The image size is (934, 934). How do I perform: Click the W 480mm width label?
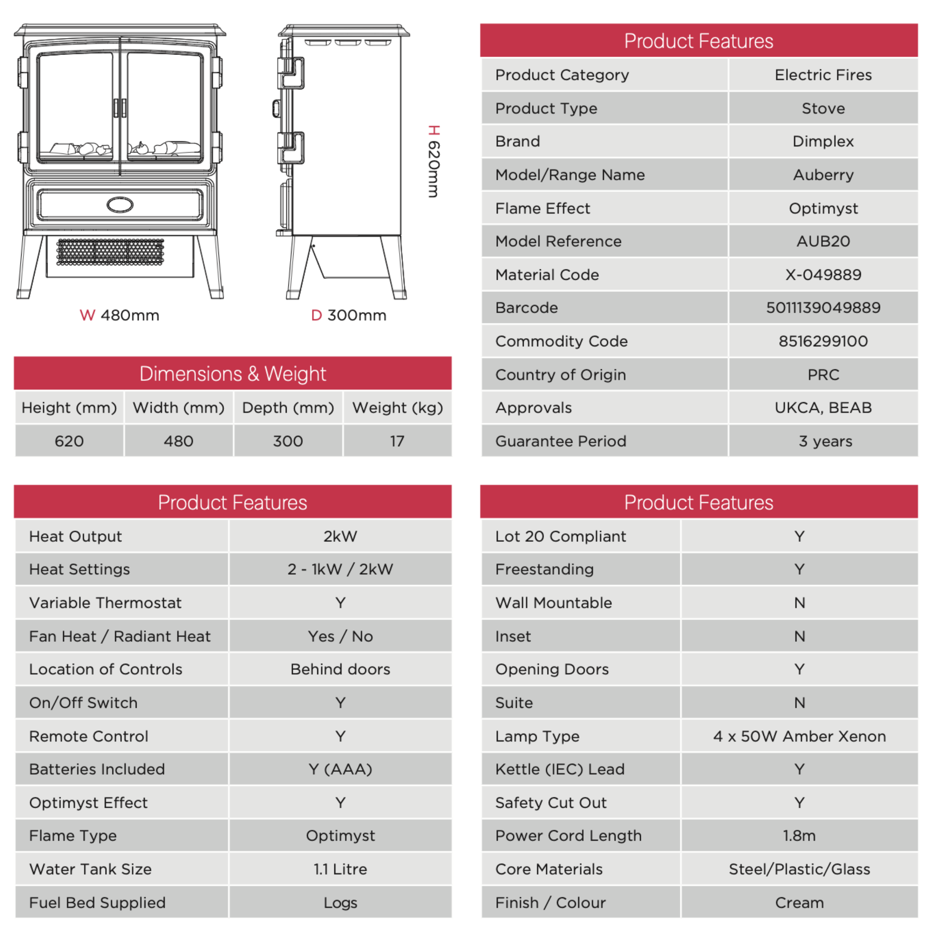[x=119, y=315]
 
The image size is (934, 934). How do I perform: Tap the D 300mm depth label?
[x=349, y=315]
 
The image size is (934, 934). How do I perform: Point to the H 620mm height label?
[x=434, y=161]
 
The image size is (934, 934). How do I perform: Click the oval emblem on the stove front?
[x=120, y=205]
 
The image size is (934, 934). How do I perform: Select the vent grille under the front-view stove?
[x=110, y=251]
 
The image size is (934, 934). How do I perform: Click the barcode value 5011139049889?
[x=823, y=307]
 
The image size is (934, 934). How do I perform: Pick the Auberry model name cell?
[x=823, y=175]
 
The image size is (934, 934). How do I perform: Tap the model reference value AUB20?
[x=823, y=241]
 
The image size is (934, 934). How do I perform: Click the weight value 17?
[x=397, y=441]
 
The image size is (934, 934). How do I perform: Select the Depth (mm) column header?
[x=288, y=407]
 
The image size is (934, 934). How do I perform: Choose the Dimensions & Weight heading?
[x=233, y=374]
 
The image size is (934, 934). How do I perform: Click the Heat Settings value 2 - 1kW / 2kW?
[x=340, y=569]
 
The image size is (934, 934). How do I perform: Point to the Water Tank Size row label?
[x=90, y=869]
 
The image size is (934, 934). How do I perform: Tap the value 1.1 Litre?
[x=340, y=869]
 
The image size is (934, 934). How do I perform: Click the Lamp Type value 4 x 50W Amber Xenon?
[x=799, y=736]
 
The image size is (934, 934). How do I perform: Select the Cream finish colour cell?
[x=799, y=902]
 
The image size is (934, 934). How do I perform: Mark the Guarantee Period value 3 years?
[x=825, y=441]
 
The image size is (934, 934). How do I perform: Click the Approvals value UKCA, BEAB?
[x=823, y=407]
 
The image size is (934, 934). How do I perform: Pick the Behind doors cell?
[x=340, y=669]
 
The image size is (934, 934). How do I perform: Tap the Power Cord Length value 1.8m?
[x=799, y=835]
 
